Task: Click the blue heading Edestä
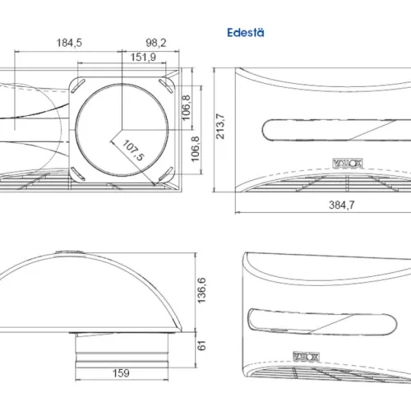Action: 246,33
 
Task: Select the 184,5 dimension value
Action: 69,43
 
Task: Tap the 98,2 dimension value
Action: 156,43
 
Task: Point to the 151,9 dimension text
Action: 143,58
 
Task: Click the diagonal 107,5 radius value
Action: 133,150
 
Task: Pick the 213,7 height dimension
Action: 220,126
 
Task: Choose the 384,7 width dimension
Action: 341,205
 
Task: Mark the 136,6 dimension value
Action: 201,290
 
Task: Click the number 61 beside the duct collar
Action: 201,345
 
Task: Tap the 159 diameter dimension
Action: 121,373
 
